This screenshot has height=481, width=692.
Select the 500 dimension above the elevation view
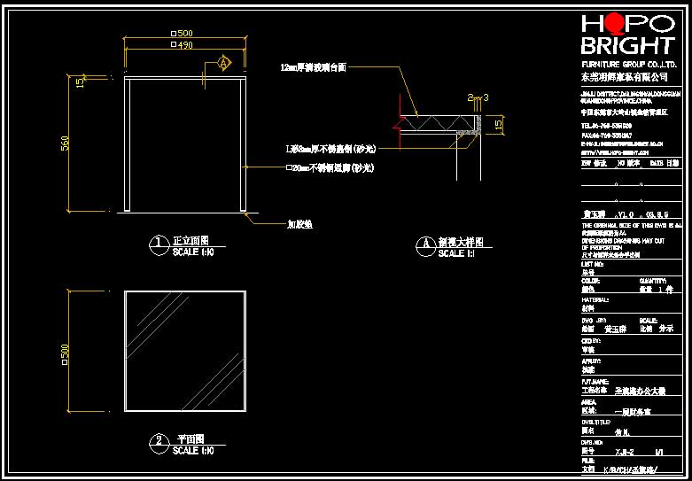point(185,34)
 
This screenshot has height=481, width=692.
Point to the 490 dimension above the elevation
point(184,44)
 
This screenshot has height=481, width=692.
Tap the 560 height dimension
point(65,143)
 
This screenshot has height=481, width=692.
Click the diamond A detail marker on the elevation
point(223,63)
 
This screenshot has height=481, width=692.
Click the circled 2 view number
point(159,440)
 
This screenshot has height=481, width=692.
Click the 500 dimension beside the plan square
point(65,353)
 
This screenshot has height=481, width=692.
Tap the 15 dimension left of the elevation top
point(80,82)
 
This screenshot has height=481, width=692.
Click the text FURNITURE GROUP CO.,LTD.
point(628,66)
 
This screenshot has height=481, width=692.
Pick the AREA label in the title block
point(590,401)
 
